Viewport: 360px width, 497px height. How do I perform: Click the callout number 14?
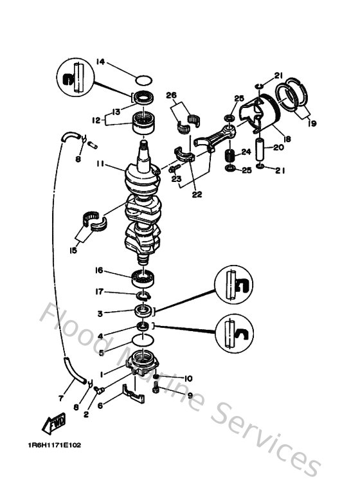tap(100, 62)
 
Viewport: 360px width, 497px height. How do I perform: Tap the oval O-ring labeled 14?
tap(145, 81)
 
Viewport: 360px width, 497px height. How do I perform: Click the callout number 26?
tap(170, 96)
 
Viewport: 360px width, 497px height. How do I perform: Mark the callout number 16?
tap(100, 271)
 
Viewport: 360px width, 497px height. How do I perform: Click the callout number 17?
tap(100, 291)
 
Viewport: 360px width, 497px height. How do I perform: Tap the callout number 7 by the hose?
tap(60, 398)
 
